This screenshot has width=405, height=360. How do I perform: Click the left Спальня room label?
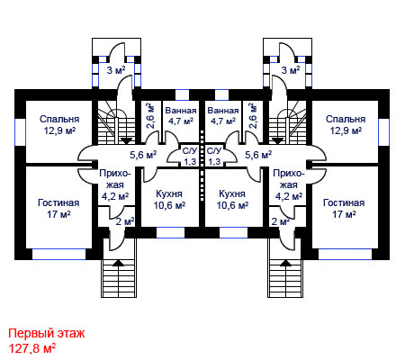click(x=59, y=119)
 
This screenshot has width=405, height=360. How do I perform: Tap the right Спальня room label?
click(x=346, y=119)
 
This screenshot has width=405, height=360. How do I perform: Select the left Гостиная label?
click(x=58, y=202)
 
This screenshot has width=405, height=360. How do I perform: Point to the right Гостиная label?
click(x=344, y=202)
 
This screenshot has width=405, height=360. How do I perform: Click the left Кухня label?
click(x=169, y=193)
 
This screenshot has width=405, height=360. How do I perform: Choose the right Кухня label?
click(x=232, y=193)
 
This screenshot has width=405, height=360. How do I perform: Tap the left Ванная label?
click(x=181, y=111)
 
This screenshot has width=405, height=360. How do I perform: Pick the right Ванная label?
click(x=223, y=111)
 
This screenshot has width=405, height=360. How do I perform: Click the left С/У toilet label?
click(x=190, y=150)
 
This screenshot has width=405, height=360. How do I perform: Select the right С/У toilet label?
click(x=214, y=150)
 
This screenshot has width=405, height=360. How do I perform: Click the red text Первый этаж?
click(x=47, y=333)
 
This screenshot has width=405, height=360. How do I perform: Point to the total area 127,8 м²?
click(x=32, y=348)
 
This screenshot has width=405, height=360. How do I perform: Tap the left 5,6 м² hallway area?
click(x=143, y=155)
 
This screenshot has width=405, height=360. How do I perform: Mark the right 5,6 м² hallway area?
click(x=258, y=155)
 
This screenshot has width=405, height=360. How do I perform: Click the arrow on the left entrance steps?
click(x=119, y=263)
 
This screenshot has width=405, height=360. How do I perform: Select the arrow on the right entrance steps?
click(x=286, y=263)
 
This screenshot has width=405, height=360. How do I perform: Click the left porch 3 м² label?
click(x=116, y=70)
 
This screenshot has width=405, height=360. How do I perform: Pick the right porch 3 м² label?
click(x=291, y=70)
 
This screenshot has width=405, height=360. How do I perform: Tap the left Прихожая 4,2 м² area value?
click(x=115, y=196)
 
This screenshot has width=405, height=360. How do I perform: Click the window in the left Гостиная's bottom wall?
click(x=58, y=254)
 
